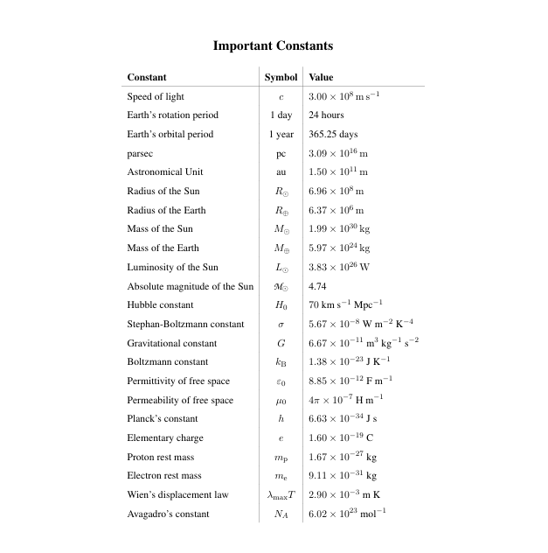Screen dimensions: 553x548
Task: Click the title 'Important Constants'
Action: pos(274,45)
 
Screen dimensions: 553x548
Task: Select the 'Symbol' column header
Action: pos(281,77)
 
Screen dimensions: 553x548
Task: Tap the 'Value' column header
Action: pos(321,77)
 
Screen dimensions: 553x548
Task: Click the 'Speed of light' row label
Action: pos(156,96)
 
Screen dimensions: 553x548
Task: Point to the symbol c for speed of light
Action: pos(281,97)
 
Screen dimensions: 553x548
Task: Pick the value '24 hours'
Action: pos(326,115)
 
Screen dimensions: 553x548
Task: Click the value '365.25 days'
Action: pos(333,135)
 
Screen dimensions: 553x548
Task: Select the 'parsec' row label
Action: pos(141,153)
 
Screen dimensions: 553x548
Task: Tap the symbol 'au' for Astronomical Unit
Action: pos(281,172)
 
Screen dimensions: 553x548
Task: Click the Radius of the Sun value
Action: pos(336,192)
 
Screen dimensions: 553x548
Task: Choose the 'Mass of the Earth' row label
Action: pos(163,248)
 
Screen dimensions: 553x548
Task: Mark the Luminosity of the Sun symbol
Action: pos(281,268)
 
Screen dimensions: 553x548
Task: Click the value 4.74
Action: pos(317,286)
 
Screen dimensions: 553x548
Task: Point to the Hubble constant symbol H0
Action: pos(281,305)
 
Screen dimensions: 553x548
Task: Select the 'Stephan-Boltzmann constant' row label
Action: pos(185,325)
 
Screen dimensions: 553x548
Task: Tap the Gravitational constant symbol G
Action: pos(281,344)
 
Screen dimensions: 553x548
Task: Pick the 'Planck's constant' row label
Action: pos(163,419)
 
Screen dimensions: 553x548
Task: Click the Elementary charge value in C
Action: pos(341,438)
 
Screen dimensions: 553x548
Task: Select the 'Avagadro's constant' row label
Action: pos(168,514)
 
